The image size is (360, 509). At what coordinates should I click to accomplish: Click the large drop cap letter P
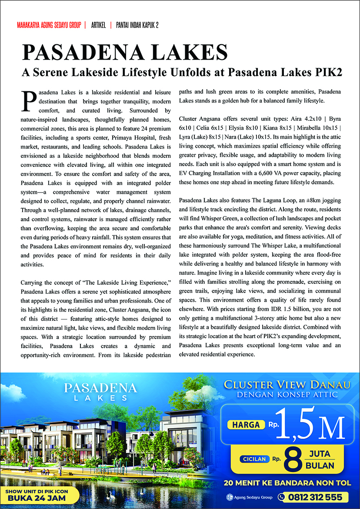(x=29, y=100)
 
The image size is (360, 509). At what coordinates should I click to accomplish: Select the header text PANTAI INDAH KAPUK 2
(x=137, y=25)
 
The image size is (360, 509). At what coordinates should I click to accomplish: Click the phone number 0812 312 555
(x=315, y=497)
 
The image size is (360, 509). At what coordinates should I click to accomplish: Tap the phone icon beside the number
(x=283, y=497)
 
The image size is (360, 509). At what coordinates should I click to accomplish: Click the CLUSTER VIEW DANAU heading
(x=287, y=384)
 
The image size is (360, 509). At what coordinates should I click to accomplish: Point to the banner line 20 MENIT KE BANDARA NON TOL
(x=287, y=483)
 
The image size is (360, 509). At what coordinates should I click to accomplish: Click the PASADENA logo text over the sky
(x=100, y=387)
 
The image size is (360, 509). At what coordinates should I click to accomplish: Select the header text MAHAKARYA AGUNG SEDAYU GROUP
(x=49, y=25)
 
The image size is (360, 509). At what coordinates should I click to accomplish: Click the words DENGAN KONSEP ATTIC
(x=287, y=395)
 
